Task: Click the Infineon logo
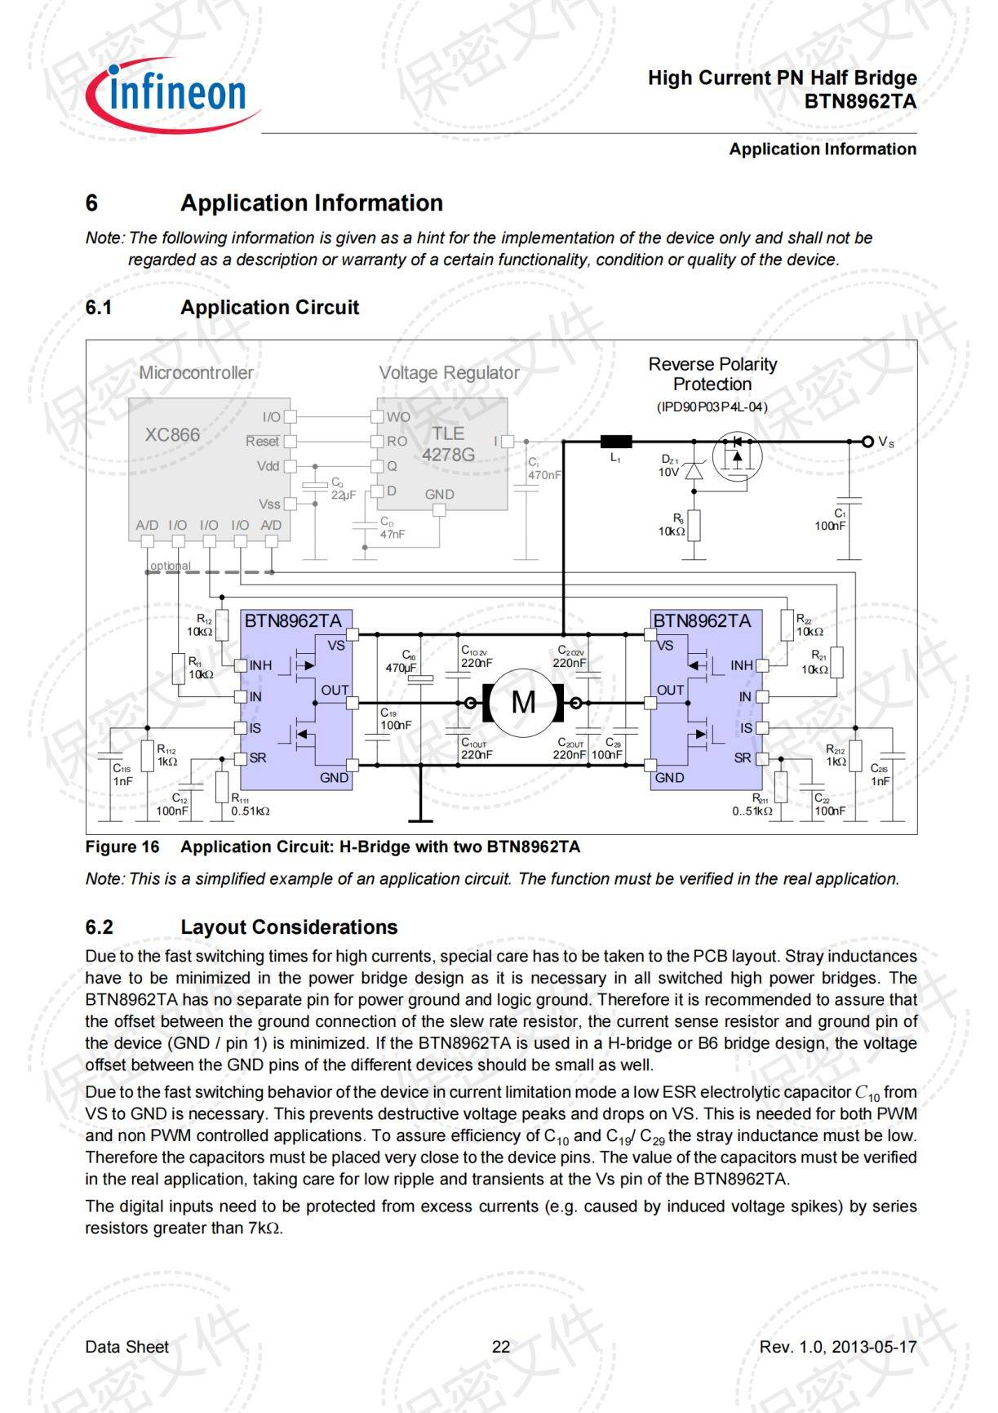[x=173, y=95]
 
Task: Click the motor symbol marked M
[x=523, y=702]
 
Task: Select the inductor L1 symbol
[x=616, y=442]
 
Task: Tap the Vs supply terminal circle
[x=867, y=442]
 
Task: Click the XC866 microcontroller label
[x=172, y=435]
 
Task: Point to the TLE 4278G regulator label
[x=448, y=444]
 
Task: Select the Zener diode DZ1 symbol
[x=694, y=471]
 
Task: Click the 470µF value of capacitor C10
[x=401, y=668]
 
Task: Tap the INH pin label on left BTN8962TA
[x=260, y=665]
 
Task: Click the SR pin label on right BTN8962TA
[x=743, y=758]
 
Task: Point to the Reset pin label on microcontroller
[x=262, y=441]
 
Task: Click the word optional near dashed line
[x=171, y=566]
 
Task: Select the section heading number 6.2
[x=99, y=927]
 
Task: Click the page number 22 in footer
[x=500, y=1347]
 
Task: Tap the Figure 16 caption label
[x=122, y=846]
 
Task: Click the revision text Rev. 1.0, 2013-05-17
[x=837, y=1347]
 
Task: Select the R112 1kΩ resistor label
[x=166, y=755]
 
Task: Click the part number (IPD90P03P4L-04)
[x=712, y=407]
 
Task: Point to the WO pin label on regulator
[x=398, y=417]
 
